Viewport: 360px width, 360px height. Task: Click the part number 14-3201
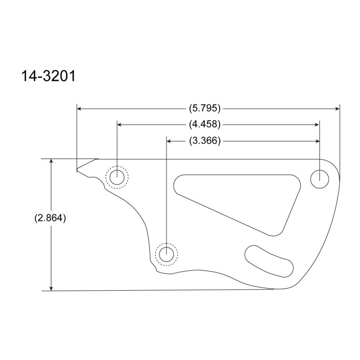pos(48,75)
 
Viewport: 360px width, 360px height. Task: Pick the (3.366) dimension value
pos(205,141)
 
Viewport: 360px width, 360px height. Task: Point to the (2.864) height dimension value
pos(50,218)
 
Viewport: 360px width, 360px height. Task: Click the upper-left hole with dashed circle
pos(117,177)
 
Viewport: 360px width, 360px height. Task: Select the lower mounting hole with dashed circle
pos(166,254)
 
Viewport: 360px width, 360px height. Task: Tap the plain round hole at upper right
pos(320,179)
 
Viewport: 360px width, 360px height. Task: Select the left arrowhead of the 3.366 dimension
pos(170,141)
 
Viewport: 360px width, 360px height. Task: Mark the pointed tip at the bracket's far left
pos(77,171)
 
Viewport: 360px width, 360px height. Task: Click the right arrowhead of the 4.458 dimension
pos(317,124)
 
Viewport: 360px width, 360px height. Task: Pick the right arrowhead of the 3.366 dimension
pos(317,141)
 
